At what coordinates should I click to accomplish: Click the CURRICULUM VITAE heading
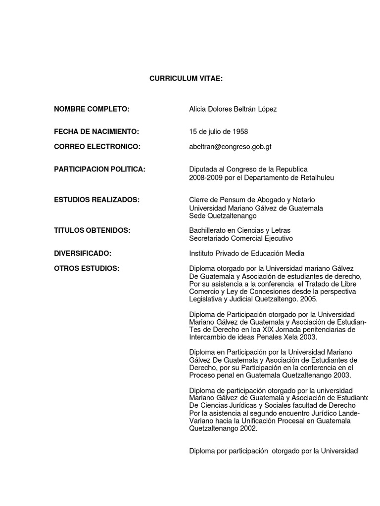(x=187, y=79)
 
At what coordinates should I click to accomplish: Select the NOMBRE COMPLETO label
(x=92, y=109)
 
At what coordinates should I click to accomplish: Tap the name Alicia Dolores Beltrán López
(x=233, y=109)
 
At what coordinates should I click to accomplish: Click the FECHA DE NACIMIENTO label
(x=96, y=131)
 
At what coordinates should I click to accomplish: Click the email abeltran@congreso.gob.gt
(x=230, y=147)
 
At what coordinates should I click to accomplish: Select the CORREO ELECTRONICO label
(x=97, y=147)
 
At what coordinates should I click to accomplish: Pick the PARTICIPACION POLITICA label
(x=99, y=169)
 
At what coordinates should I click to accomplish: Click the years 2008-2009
(x=205, y=177)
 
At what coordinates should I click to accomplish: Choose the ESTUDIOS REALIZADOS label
(x=96, y=200)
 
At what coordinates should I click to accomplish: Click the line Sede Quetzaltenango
(x=223, y=216)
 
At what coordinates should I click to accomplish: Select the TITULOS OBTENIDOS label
(x=92, y=230)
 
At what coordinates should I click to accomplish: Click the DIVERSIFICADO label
(x=83, y=253)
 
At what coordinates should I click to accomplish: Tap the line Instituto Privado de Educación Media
(x=247, y=253)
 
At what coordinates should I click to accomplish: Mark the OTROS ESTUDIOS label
(x=87, y=268)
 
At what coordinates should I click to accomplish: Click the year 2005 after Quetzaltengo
(x=309, y=299)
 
